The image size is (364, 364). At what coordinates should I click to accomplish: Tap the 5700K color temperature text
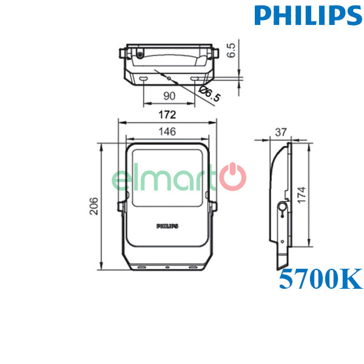(x=320, y=280)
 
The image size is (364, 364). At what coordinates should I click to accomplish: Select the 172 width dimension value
(x=167, y=114)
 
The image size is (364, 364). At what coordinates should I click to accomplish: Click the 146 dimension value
(x=167, y=132)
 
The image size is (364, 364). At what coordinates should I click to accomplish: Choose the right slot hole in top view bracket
(x=194, y=79)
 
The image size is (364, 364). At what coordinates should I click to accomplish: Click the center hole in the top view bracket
(x=169, y=78)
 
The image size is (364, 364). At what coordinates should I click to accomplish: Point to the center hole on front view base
(x=167, y=266)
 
